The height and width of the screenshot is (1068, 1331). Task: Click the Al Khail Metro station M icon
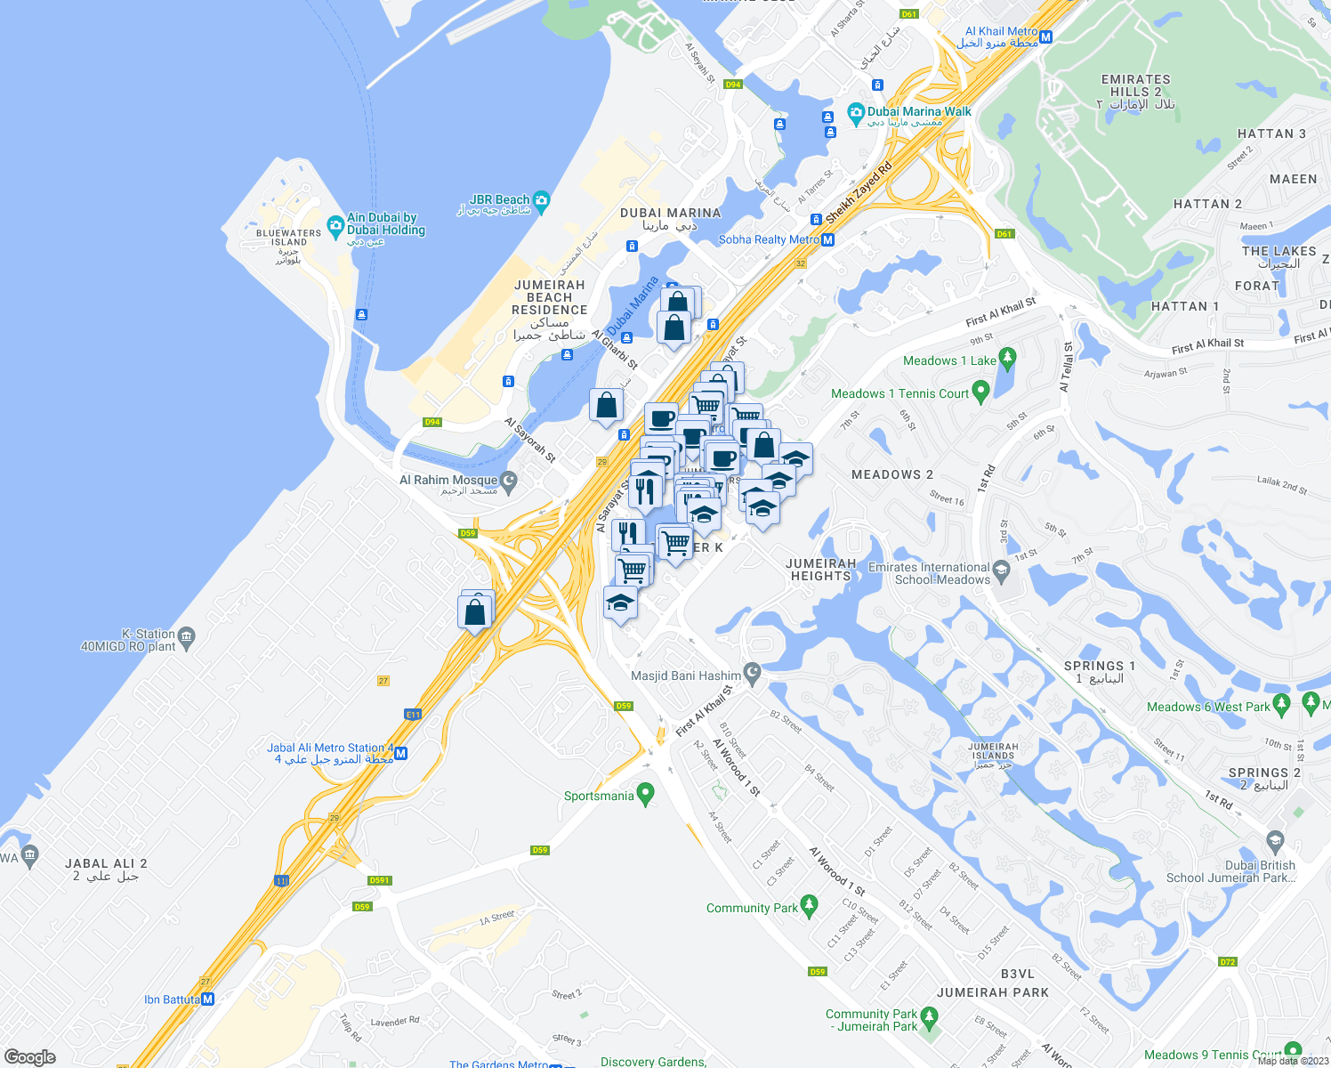(x=1046, y=37)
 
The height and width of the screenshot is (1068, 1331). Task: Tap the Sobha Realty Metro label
(x=769, y=239)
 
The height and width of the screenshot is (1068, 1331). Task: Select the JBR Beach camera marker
(x=541, y=200)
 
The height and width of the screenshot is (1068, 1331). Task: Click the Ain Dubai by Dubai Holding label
(x=385, y=223)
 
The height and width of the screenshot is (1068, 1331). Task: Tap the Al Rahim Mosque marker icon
(x=509, y=481)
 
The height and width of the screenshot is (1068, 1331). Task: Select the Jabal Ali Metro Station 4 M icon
(x=401, y=754)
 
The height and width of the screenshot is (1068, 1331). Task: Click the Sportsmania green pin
(x=646, y=791)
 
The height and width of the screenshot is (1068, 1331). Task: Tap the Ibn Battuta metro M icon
(x=208, y=999)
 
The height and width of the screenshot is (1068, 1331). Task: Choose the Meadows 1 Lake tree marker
(x=1007, y=359)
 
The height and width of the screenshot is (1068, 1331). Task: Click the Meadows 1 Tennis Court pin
(x=980, y=391)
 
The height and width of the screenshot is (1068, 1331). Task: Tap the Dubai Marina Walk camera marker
(x=856, y=112)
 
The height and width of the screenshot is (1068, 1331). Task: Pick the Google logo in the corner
(x=29, y=1057)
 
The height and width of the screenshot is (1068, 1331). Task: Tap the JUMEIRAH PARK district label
(x=992, y=992)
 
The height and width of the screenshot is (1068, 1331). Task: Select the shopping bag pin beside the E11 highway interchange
(x=475, y=613)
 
